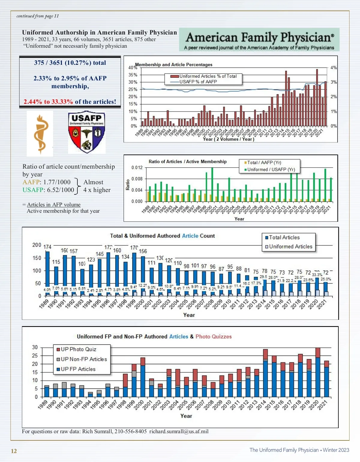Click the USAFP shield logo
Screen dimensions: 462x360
click(x=87, y=132)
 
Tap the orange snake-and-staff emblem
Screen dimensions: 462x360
click(x=40, y=133)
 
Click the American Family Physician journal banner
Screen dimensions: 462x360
click(x=259, y=40)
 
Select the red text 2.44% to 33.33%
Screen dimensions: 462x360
click(x=48, y=102)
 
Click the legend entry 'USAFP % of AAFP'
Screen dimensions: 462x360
click(x=198, y=82)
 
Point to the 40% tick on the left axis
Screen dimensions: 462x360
click(x=132, y=67)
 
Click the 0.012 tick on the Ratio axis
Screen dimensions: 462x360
click(x=137, y=167)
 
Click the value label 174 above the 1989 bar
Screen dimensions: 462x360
click(x=47, y=247)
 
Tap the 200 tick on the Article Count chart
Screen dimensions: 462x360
click(x=37, y=245)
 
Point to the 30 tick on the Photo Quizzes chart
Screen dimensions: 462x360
click(x=35, y=347)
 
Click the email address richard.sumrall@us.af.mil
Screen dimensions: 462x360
click(x=179, y=431)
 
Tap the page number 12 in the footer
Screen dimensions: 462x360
click(x=14, y=451)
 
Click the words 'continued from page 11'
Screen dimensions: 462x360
click(x=37, y=16)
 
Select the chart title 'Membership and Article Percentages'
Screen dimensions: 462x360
click(x=174, y=64)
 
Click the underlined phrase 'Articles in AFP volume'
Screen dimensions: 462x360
click(x=54, y=205)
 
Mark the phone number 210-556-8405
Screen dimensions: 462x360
click(x=130, y=431)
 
